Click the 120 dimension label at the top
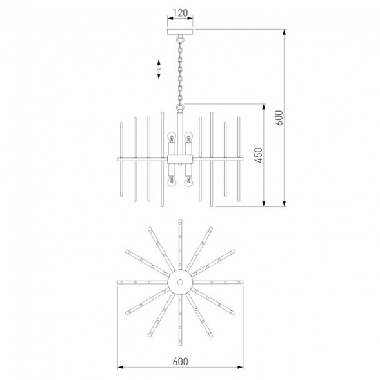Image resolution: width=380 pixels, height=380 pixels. coord(180,13)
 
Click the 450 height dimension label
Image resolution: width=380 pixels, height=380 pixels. coord(259,155)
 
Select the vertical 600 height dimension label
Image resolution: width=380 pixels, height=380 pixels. coord(279,117)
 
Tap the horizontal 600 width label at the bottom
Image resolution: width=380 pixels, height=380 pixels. coord(180,361)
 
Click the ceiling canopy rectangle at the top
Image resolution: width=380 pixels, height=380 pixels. coord(180,32)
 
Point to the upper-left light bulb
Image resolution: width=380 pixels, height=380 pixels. coord(172,137)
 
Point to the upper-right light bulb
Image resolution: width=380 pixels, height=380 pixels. coord(188,137)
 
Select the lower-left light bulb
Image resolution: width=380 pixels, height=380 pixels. coord(172,182)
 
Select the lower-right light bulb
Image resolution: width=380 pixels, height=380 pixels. coord(188,182)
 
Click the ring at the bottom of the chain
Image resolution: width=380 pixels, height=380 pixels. coord(180,106)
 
